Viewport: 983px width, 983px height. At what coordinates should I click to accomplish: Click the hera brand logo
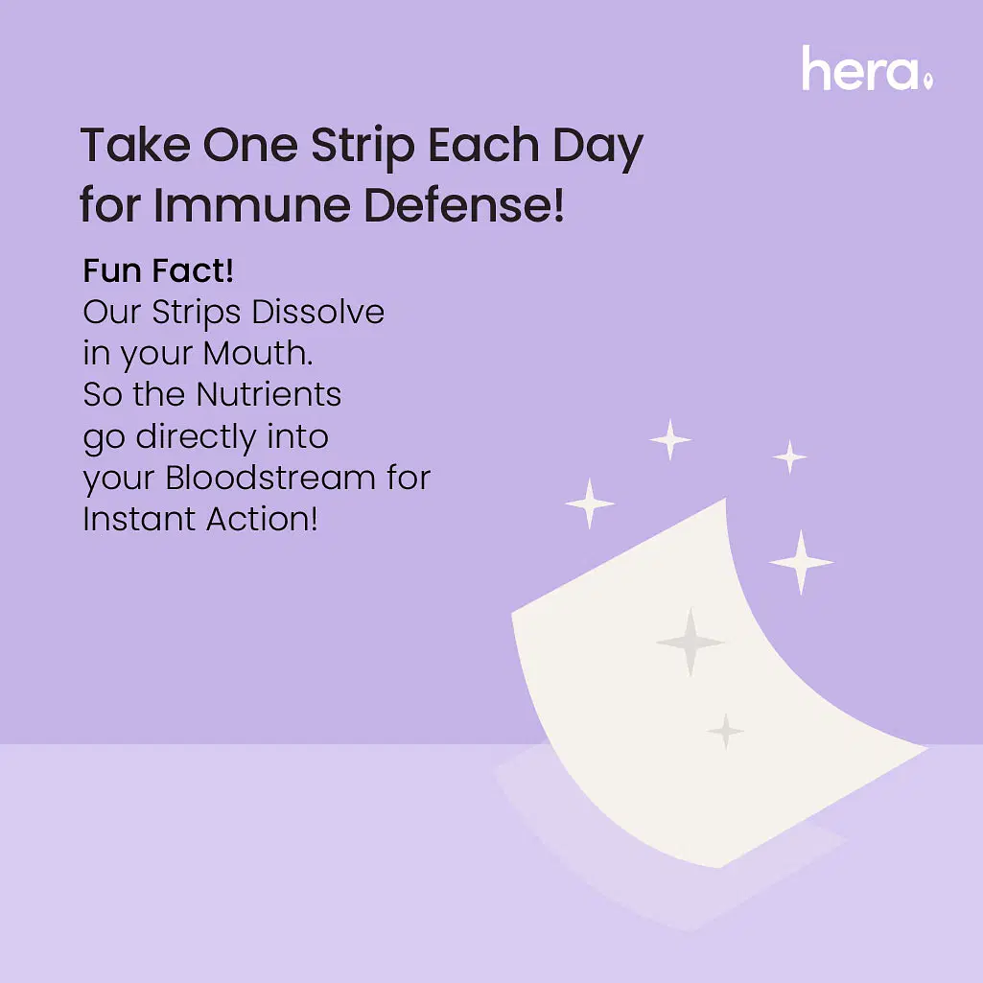[868, 68]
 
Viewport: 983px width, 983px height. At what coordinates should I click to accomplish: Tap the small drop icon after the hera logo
[928, 81]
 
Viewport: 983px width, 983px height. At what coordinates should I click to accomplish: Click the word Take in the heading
[135, 146]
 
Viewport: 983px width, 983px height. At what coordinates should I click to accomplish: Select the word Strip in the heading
[363, 149]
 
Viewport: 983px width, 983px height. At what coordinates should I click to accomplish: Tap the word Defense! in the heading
[464, 205]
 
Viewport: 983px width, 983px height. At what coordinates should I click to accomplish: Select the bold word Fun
[112, 270]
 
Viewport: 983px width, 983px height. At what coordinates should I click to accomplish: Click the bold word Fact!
[193, 270]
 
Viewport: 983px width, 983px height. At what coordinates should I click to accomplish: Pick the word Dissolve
[317, 312]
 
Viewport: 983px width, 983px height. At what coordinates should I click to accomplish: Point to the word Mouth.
[258, 353]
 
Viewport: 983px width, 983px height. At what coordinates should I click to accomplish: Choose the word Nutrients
[269, 394]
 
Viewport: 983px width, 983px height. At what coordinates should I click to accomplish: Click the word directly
[196, 437]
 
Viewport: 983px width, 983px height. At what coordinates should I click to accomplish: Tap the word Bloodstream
[270, 478]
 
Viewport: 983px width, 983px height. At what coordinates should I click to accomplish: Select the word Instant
[139, 519]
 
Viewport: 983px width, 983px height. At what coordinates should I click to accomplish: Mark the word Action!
[262, 519]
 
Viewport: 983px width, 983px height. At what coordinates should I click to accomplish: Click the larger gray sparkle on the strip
[690, 642]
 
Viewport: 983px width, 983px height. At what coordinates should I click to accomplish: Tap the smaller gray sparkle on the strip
[725, 731]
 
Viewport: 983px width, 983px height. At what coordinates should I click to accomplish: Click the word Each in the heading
[483, 146]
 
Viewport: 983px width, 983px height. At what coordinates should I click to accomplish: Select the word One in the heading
[250, 146]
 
